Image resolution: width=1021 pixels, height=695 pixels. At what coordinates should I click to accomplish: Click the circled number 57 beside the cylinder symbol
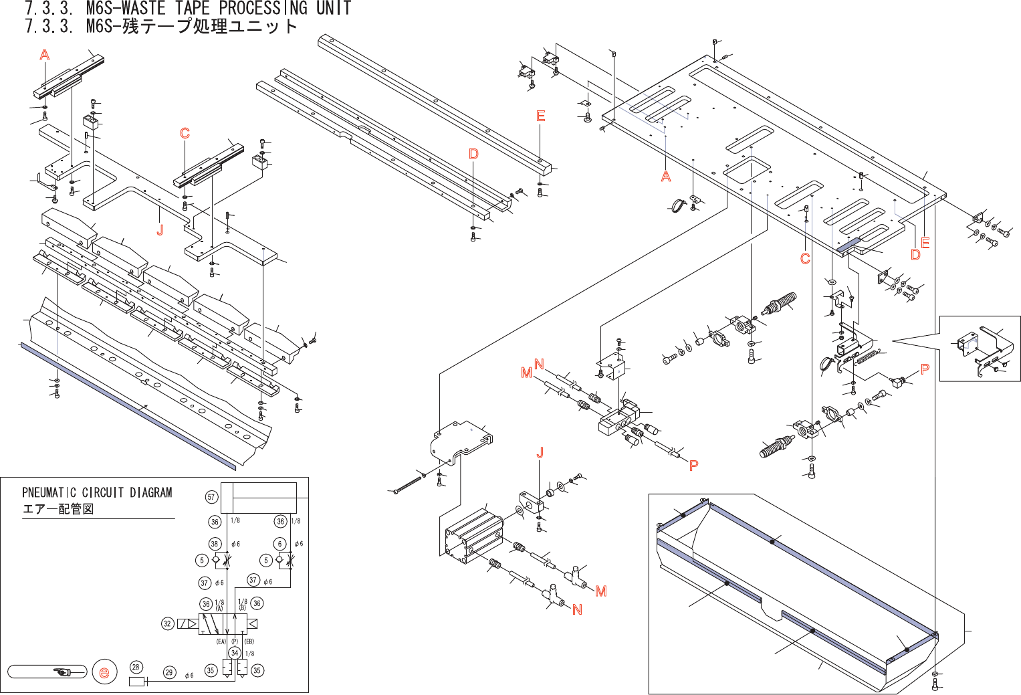tap(211, 497)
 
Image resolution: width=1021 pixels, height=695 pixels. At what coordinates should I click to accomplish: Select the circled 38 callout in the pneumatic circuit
tap(215, 544)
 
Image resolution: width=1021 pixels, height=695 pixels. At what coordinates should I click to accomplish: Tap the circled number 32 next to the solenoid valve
tap(168, 623)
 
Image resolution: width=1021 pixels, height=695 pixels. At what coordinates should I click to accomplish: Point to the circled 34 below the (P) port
tap(234, 653)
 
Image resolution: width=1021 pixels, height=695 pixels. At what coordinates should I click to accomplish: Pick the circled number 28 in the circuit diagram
tap(136, 667)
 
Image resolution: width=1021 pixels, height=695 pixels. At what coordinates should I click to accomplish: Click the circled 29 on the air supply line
tap(169, 672)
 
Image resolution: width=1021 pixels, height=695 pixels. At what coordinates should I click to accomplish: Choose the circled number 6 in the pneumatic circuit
tap(280, 544)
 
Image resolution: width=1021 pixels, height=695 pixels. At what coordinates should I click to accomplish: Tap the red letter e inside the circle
tap(104, 672)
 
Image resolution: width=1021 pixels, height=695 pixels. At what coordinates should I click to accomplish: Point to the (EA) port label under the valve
tap(221, 641)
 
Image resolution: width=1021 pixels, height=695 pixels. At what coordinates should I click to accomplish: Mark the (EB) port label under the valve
tap(248, 641)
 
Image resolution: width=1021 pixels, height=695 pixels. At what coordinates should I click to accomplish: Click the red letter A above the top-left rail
tap(45, 55)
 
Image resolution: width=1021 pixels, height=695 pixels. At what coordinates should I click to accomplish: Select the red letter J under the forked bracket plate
tap(160, 230)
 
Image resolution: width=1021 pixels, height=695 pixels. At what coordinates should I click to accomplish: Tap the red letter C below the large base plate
tap(805, 258)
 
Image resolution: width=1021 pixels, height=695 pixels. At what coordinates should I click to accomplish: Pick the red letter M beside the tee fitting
tap(600, 591)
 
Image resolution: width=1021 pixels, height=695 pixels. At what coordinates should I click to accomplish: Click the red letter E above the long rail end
tap(541, 116)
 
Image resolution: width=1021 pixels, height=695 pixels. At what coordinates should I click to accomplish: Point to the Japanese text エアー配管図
tap(58, 509)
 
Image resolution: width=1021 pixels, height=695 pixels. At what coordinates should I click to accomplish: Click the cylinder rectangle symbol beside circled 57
tap(259, 498)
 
